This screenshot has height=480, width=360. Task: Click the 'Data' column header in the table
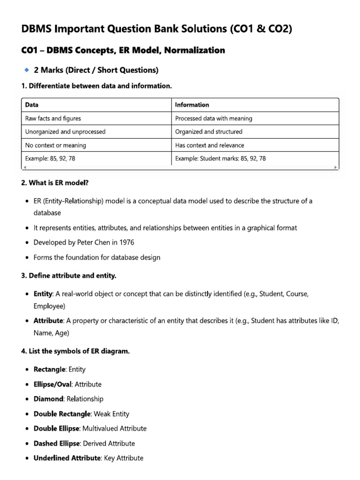click(x=32, y=105)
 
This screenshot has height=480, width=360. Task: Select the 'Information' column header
click(x=192, y=105)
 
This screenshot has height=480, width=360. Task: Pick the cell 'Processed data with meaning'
click(x=213, y=119)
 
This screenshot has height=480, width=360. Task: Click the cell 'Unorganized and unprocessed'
click(x=65, y=132)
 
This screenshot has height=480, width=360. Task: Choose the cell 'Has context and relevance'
click(x=210, y=145)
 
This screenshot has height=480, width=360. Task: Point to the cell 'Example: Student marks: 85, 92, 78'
click(x=220, y=158)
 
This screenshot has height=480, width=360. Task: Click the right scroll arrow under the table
click(x=335, y=167)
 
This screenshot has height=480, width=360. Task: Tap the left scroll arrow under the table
click(x=24, y=167)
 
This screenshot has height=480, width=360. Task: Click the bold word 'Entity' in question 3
click(x=43, y=293)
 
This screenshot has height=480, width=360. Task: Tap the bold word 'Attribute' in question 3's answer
click(x=48, y=321)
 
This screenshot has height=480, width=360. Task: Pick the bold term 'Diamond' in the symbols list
click(x=48, y=399)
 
